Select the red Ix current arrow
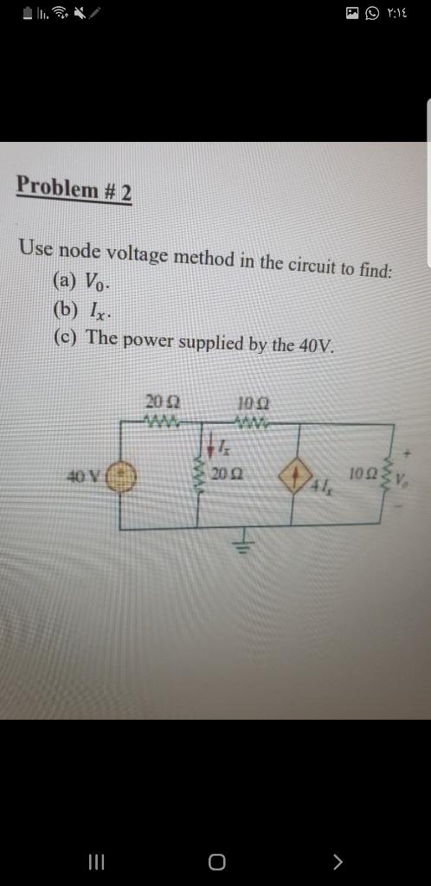tap(211, 447)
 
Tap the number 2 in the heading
tap(126, 191)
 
